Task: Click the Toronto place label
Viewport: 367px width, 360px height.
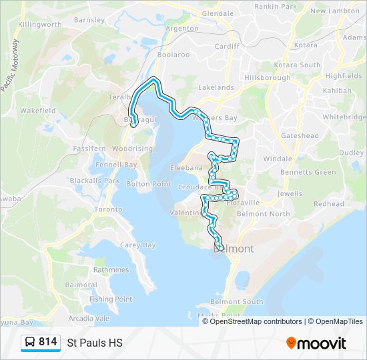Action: point(108,209)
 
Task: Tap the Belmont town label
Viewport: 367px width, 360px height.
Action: point(234,249)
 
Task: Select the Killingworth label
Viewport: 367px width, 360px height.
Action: point(39,25)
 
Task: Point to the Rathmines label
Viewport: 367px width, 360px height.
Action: point(111,270)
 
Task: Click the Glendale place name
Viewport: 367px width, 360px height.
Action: point(218,13)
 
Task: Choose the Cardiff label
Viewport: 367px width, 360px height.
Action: point(227,47)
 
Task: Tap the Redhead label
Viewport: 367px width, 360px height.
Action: point(328,204)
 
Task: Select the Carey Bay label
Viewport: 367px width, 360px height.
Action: point(137,245)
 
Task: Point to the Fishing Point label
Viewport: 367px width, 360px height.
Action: point(111,299)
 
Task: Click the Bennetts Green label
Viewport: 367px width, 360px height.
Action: point(308,172)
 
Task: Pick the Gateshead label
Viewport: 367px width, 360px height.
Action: point(300,135)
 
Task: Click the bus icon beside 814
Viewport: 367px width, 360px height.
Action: point(31,343)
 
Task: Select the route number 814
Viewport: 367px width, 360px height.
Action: point(47,342)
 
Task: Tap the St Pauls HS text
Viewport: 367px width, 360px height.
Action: point(95,343)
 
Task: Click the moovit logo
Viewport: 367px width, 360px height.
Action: point(316,343)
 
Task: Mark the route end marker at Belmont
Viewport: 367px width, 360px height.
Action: point(220,248)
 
